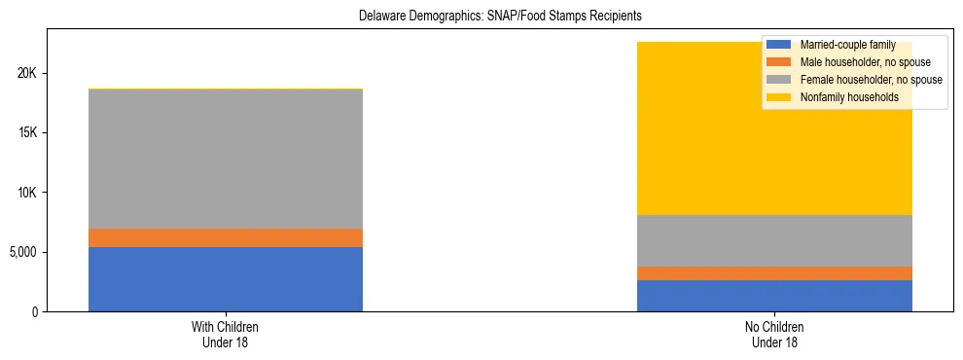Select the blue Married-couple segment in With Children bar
pos(225,279)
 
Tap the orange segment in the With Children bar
pos(225,237)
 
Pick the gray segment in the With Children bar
pos(225,159)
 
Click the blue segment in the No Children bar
pos(774,296)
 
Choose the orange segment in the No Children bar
pos(774,273)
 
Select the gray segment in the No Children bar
pos(774,240)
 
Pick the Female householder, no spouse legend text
pos(870,80)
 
